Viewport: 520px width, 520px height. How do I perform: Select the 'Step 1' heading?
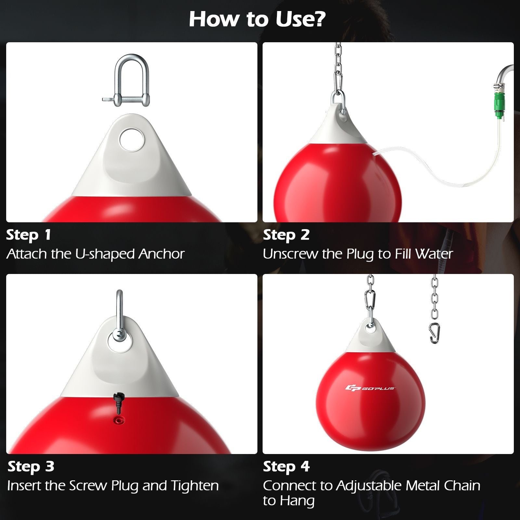[x=29, y=235]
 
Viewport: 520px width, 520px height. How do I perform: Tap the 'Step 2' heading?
[x=286, y=235]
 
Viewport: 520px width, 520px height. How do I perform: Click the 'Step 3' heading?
[x=31, y=466]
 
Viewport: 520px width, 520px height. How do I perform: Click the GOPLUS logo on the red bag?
[x=370, y=388]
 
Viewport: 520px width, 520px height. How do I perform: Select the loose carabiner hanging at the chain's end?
[x=435, y=333]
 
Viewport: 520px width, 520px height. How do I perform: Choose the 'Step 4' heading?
[x=286, y=466]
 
